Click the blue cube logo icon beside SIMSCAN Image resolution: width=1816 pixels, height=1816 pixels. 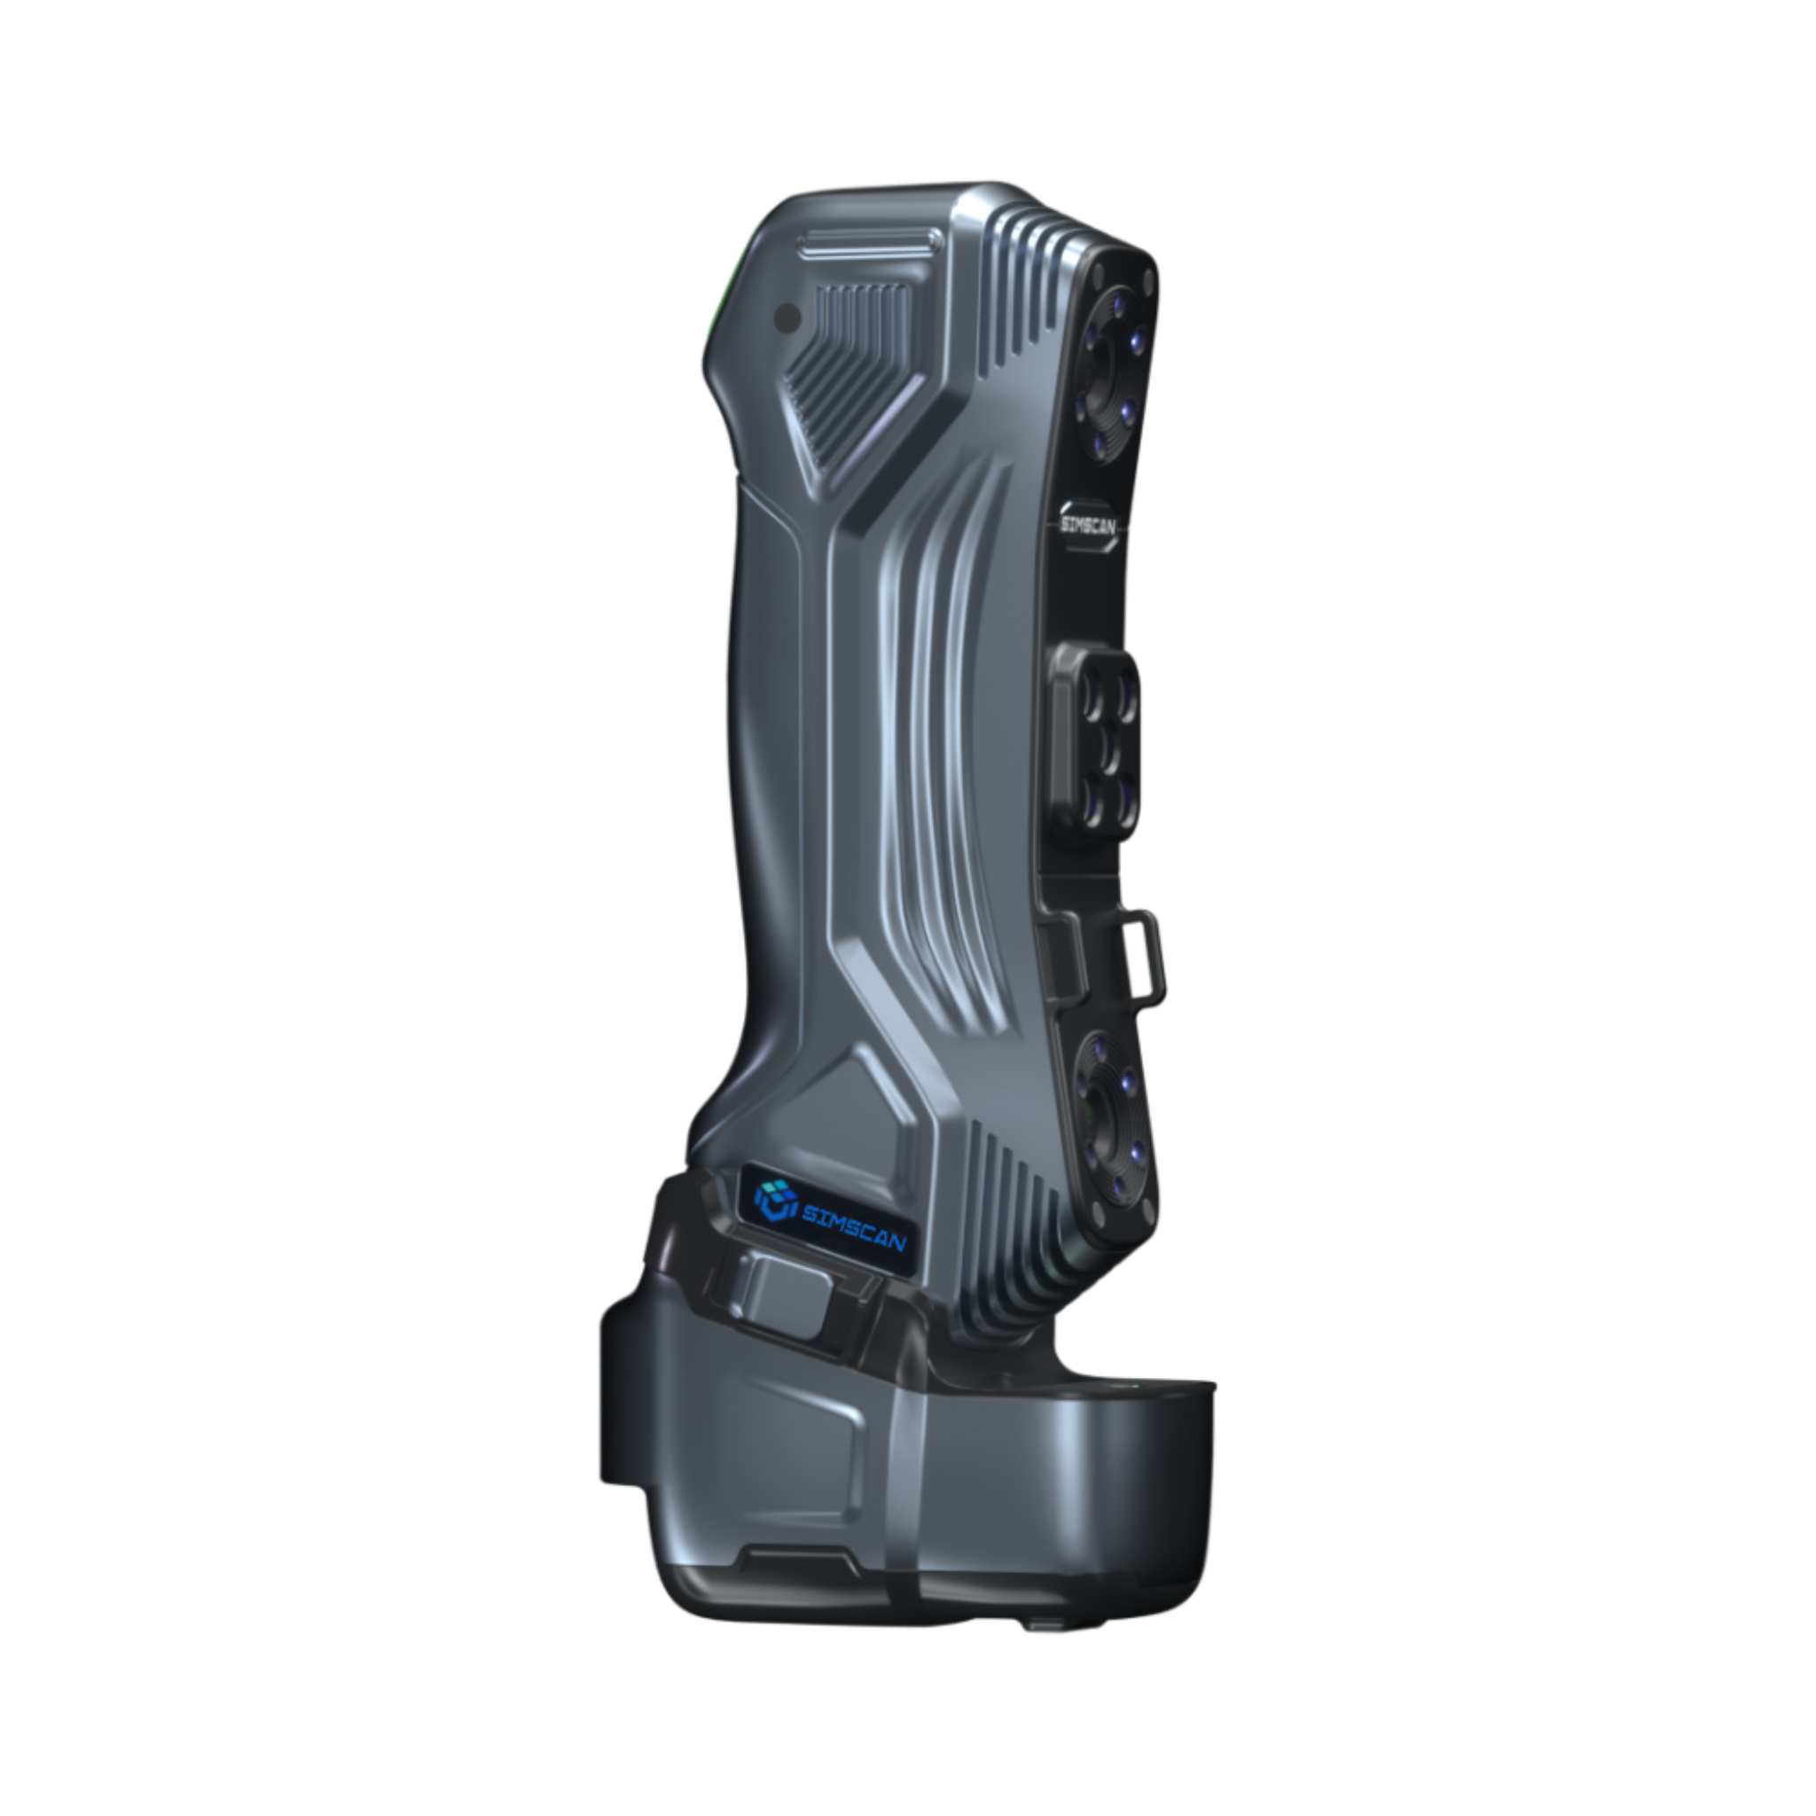click(x=773, y=1201)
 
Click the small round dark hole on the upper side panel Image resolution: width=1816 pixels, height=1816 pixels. click(x=787, y=318)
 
